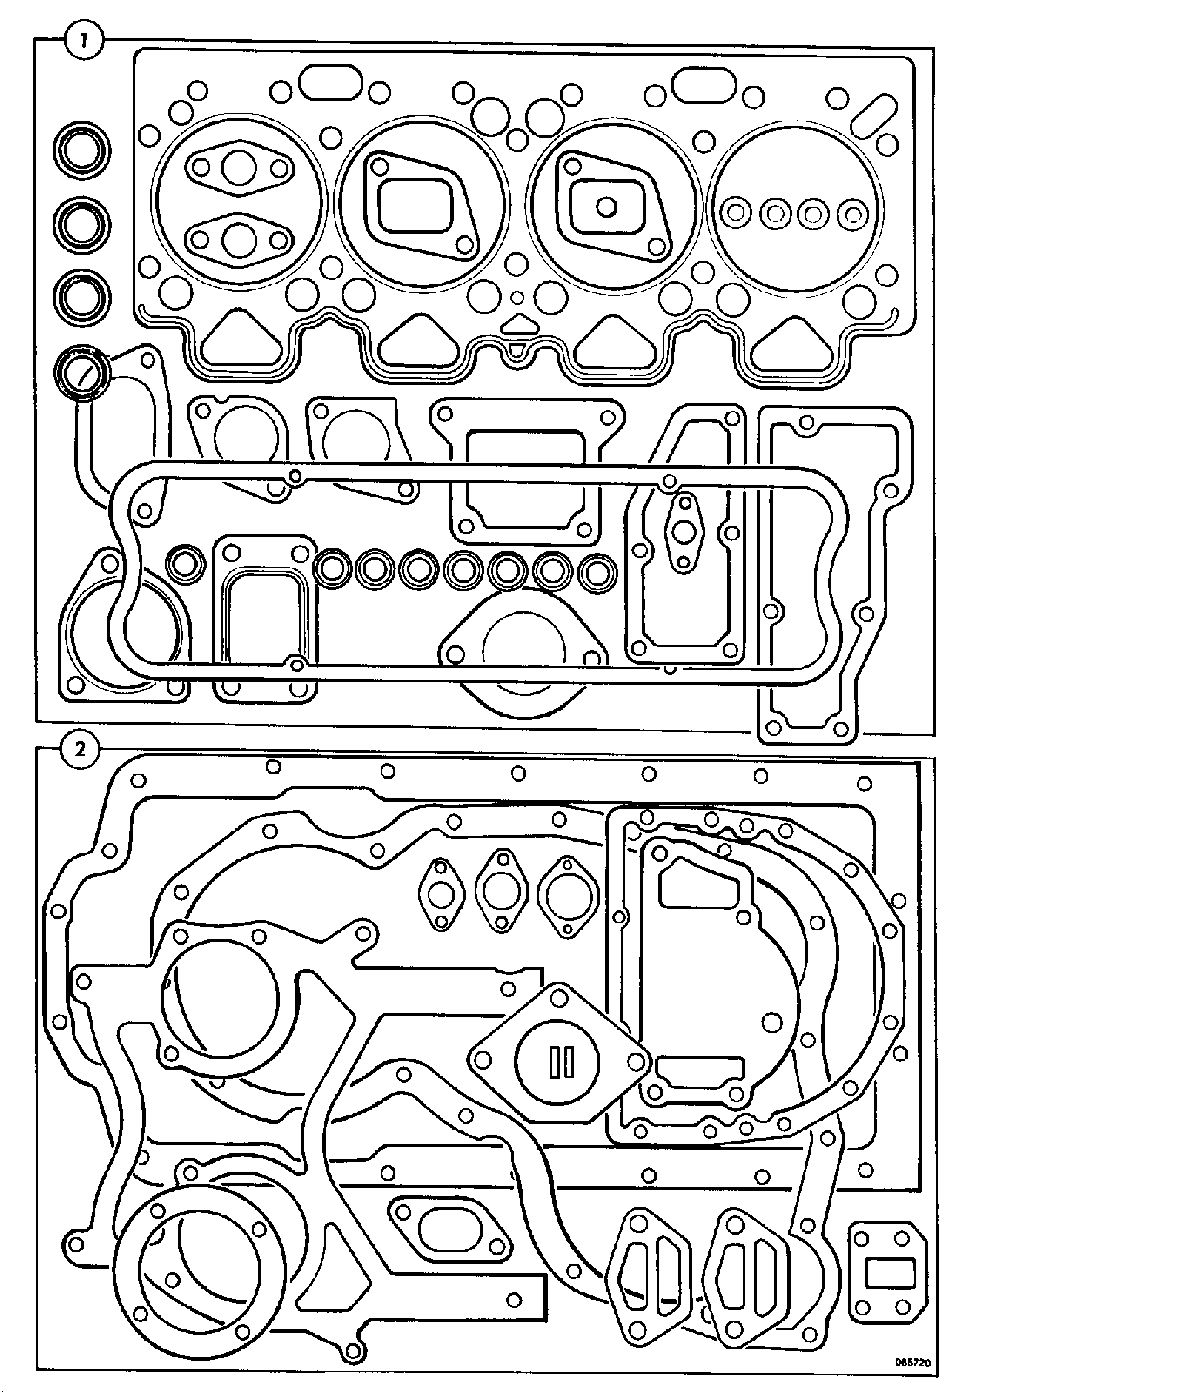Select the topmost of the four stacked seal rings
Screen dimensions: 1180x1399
pos(81,151)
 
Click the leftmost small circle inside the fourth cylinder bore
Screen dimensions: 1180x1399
pos(737,213)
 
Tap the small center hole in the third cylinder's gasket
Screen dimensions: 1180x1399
pos(606,207)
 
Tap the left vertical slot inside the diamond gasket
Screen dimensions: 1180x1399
pos(554,1062)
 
